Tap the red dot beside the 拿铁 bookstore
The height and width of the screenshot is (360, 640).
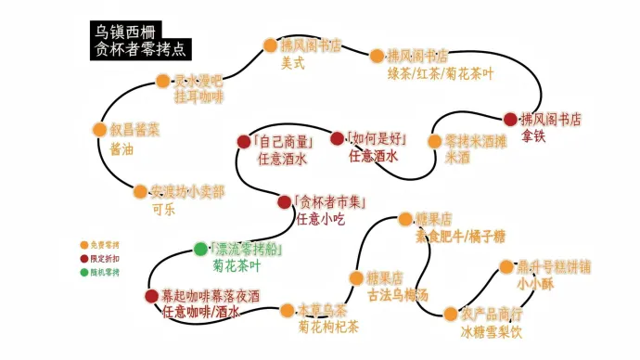[x=510, y=119]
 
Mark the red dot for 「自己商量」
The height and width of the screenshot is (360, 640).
[x=245, y=141]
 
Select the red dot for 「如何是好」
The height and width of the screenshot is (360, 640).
[x=337, y=139]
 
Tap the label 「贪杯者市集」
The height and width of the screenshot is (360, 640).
[x=331, y=201]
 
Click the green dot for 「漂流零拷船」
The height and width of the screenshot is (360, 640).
[x=200, y=249]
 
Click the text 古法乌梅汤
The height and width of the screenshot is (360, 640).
[x=398, y=295]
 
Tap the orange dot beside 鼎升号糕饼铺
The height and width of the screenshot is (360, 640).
[x=506, y=267]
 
